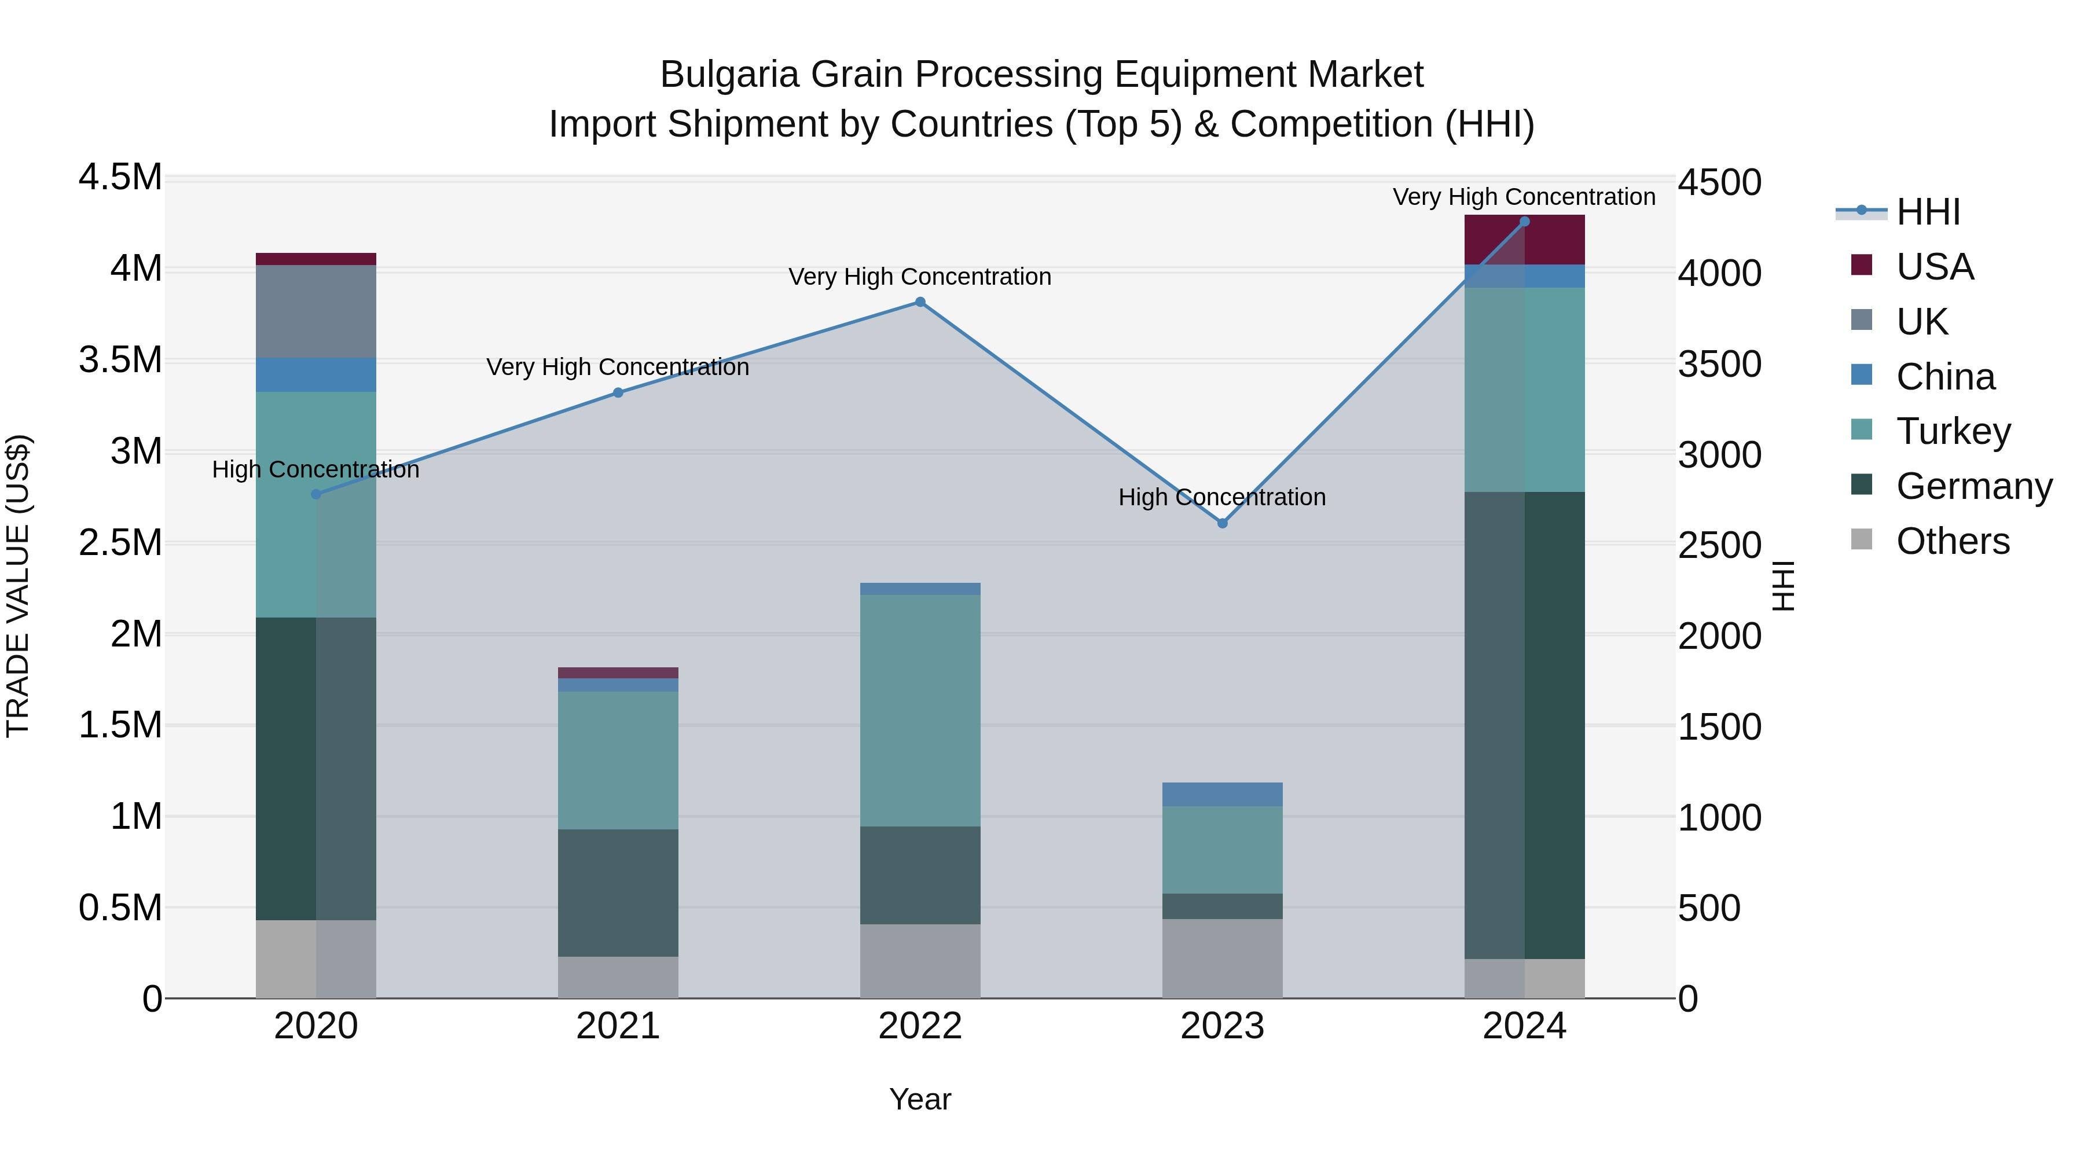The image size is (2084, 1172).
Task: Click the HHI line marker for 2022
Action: pyautogui.click(x=920, y=303)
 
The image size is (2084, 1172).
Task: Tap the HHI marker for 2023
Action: pyautogui.click(x=1223, y=523)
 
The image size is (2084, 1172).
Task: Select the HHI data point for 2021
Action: pyautogui.click(x=618, y=393)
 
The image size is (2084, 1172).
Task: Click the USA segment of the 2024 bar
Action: pyautogui.click(x=1524, y=240)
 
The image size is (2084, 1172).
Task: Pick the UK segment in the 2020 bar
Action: pyautogui.click(x=315, y=311)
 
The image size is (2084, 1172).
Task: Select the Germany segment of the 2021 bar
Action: pyautogui.click(x=618, y=893)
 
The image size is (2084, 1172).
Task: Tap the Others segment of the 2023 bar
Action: pyautogui.click(x=1223, y=958)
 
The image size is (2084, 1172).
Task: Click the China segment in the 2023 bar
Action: pyautogui.click(x=1223, y=794)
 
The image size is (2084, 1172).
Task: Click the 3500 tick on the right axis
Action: pyautogui.click(x=1719, y=364)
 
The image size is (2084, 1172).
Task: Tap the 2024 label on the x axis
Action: pyautogui.click(x=1524, y=1026)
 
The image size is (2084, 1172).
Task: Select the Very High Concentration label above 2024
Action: pyautogui.click(x=1524, y=197)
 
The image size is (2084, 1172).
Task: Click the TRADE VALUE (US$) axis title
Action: pyautogui.click(x=18, y=586)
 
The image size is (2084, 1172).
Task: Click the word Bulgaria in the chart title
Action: pyautogui.click(x=730, y=75)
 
